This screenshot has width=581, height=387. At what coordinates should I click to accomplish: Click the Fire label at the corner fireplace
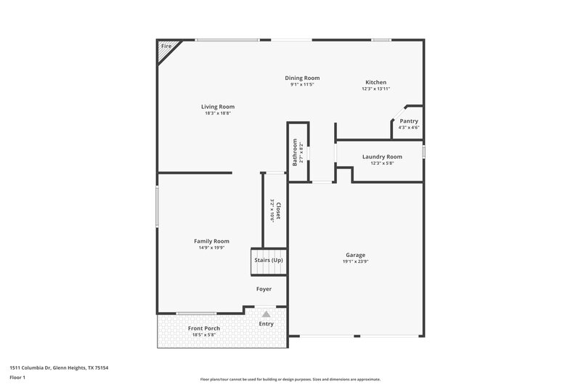166,46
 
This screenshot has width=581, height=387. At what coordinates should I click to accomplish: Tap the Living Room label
218,107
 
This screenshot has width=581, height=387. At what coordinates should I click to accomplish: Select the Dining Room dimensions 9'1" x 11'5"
301,85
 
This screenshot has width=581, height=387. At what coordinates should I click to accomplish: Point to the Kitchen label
375,82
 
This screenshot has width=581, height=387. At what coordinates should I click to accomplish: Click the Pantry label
409,121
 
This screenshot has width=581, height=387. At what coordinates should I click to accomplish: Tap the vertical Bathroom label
295,153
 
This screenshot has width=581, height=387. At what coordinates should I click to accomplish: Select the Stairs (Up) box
268,260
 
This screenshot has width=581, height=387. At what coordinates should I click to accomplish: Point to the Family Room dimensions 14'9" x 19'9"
211,248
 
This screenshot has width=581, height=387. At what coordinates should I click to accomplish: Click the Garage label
355,255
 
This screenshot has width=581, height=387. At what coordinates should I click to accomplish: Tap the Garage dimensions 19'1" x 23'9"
355,261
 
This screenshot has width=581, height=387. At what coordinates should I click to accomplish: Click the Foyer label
264,289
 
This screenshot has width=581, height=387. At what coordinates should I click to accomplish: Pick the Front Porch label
204,328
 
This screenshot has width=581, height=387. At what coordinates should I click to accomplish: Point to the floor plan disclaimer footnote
290,379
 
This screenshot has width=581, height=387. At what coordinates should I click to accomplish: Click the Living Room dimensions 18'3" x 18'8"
218,113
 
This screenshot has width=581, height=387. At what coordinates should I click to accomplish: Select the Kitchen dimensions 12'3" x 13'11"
375,89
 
